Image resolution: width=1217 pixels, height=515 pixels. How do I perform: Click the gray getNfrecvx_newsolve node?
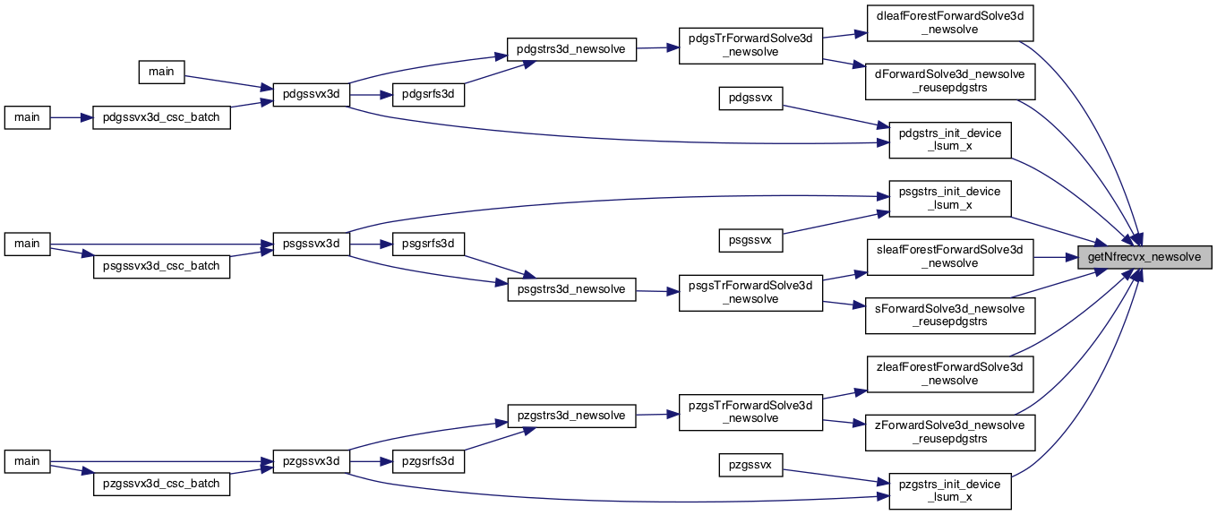tap(1144, 257)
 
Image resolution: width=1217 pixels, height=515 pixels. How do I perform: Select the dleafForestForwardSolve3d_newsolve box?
tap(950, 22)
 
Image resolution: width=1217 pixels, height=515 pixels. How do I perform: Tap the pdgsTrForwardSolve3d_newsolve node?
tap(750, 46)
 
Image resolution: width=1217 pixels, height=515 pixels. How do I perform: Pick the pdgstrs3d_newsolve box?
tap(571, 49)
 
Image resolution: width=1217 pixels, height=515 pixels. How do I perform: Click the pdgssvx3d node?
tap(311, 95)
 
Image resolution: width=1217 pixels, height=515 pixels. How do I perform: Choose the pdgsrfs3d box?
tap(428, 95)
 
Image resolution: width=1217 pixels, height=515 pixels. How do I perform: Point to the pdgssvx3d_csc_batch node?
tap(161, 117)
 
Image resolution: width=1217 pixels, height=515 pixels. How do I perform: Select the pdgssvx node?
tap(750, 99)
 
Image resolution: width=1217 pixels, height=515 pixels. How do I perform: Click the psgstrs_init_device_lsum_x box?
tap(950, 198)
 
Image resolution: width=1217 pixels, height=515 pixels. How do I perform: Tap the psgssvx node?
tap(750, 240)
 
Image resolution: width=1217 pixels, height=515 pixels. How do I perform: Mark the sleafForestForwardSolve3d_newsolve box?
tap(950, 257)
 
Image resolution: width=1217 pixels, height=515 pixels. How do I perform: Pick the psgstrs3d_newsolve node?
tap(571, 289)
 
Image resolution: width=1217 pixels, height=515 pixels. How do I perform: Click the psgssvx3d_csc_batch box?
tap(161, 266)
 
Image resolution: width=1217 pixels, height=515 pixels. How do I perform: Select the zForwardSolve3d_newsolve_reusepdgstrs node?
tap(950, 433)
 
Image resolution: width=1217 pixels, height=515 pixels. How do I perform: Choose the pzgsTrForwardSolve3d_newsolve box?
tap(750, 412)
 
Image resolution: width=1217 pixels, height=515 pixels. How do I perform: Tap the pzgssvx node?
tap(750, 466)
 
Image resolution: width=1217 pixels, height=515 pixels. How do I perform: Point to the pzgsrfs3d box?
tap(428, 462)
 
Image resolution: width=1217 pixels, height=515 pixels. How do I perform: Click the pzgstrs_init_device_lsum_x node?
tap(950, 491)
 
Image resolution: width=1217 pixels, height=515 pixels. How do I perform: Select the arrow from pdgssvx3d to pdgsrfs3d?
tap(371, 95)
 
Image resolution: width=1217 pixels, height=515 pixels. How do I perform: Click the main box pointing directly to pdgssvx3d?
tap(161, 72)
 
